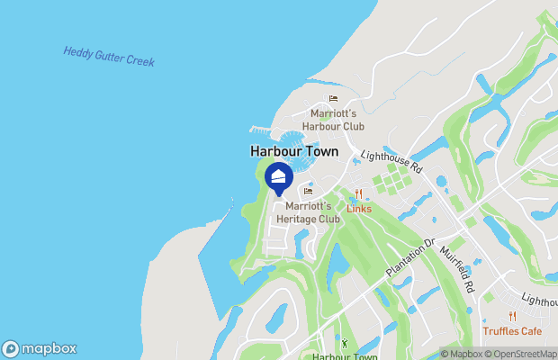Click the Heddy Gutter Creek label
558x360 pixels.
pos(109,57)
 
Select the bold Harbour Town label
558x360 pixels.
pos(293,152)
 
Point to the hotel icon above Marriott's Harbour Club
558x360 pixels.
pos(332,98)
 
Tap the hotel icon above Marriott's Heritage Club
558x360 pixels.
pos(308,191)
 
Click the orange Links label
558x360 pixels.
pos(358,209)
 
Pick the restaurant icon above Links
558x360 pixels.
pos(358,193)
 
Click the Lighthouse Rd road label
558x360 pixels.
pos(391,162)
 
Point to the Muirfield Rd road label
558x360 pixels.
pos(457,270)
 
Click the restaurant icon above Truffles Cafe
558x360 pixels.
pos(512,315)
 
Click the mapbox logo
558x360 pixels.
pos(39,349)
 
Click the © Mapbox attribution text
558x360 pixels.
pos(464,354)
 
